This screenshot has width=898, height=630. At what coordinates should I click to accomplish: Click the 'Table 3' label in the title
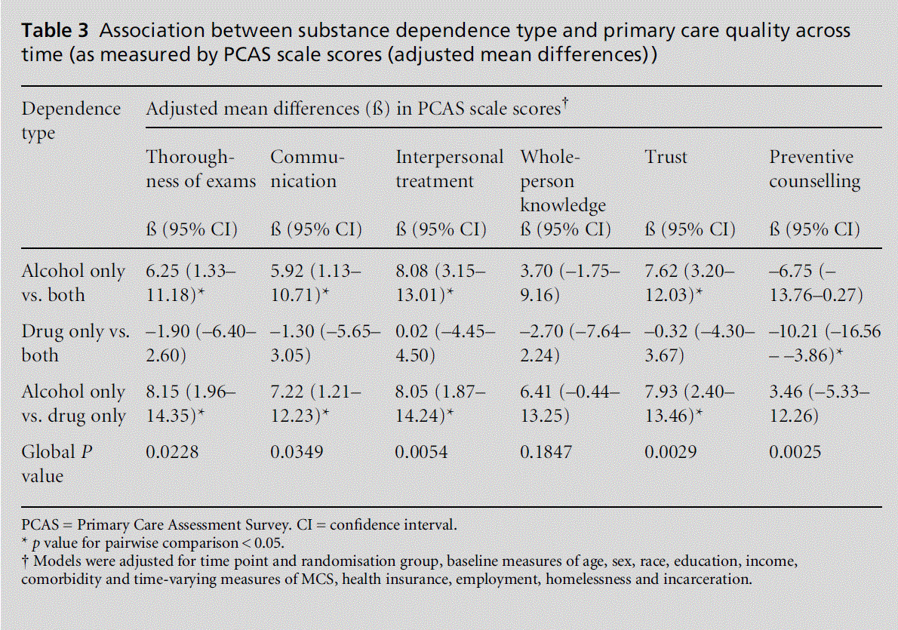(x=55, y=32)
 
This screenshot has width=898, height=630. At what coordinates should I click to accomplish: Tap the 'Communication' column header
(x=308, y=169)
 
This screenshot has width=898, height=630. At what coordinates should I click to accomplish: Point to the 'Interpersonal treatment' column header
(x=449, y=169)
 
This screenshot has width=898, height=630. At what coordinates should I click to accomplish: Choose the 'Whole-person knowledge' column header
(x=563, y=181)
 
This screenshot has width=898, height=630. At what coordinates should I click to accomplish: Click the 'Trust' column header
(x=666, y=157)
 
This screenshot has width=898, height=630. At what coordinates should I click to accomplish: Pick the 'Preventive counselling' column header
(x=814, y=169)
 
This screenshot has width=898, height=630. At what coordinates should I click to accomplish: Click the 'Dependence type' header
(x=71, y=120)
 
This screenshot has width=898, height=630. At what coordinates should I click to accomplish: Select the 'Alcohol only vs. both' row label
(x=73, y=283)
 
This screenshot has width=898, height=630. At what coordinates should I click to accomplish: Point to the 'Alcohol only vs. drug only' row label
(x=73, y=404)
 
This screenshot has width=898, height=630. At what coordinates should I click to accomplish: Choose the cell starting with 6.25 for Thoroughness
(x=191, y=283)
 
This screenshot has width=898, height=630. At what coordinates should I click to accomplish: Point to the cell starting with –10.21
(x=824, y=343)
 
